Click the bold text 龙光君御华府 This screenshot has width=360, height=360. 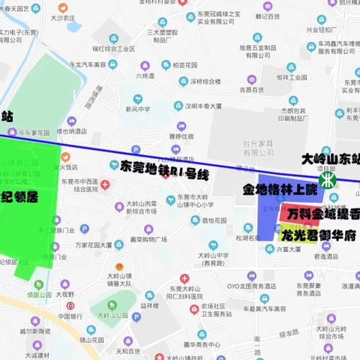315,235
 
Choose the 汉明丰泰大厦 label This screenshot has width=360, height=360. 205,107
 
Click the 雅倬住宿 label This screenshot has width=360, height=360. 180,136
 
